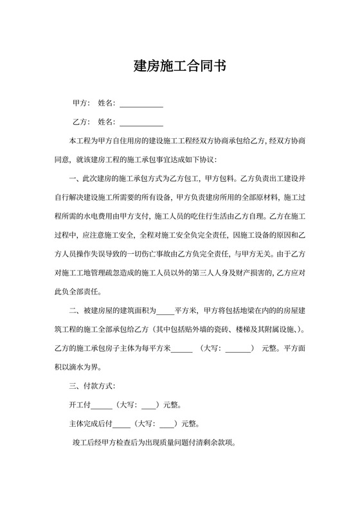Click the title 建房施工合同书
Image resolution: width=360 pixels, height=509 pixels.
click(x=179, y=66)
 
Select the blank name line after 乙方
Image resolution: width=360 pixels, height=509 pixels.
click(x=141, y=123)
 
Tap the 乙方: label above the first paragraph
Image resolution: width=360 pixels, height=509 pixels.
click(x=81, y=121)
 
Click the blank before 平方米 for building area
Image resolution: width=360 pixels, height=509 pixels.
click(x=165, y=312)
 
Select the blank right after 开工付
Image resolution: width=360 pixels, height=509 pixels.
click(x=102, y=406)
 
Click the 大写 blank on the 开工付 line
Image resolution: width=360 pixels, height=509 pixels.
click(x=148, y=406)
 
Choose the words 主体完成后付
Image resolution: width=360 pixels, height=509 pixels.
click(x=90, y=424)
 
